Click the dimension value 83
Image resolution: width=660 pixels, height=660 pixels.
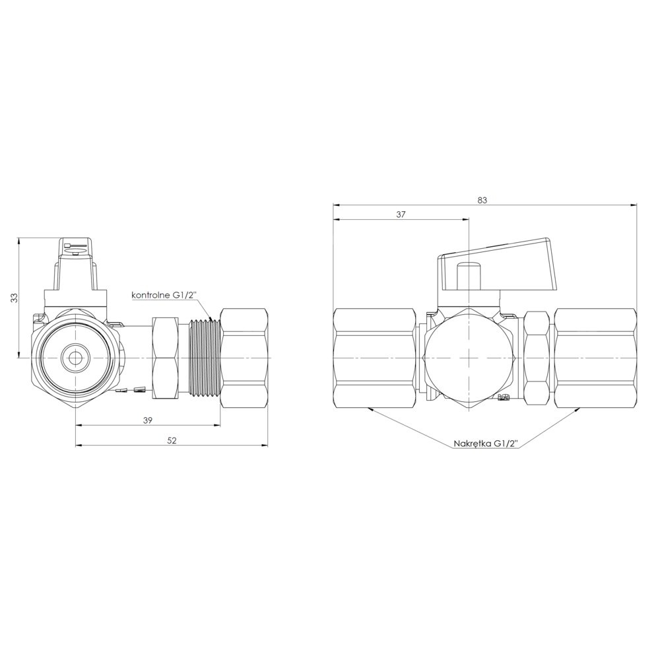pyautogui.click(x=482, y=201)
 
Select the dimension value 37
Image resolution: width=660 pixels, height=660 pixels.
pyautogui.click(x=401, y=214)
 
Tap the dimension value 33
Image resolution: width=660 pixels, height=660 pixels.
pyautogui.click(x=15, y=298)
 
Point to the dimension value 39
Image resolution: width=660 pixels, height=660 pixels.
pyautogui.click(x=147, y=420)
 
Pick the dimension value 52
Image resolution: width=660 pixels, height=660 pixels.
pyautogui.click(x=172, y=440)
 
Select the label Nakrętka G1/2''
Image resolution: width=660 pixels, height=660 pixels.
pyautogui.click(x=486, y=444)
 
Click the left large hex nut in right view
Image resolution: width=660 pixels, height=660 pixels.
pyautogui.click(x=375, y=357)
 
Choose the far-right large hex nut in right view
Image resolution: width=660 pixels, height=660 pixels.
pyautogui.click(x=595, y=357)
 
